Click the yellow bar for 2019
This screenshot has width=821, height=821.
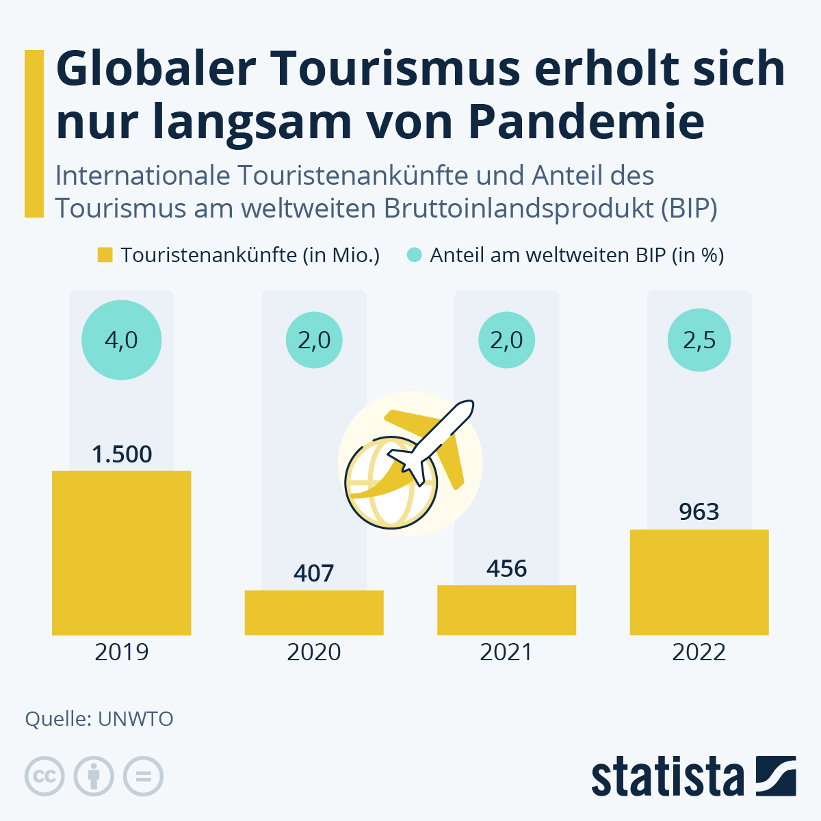(121, 553)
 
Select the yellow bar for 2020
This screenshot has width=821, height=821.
(314, 612)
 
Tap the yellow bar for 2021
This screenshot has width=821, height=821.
(506, 610)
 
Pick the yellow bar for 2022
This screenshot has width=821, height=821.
(699, 582)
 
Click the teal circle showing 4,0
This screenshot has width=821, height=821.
(121, 340)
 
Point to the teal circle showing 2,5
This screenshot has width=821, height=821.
(699, 340)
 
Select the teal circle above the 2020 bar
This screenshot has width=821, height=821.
(314, 340)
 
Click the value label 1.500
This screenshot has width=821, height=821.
(122, 454)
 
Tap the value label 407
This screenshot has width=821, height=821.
(314, 573)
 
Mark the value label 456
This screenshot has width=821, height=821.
(506, 569)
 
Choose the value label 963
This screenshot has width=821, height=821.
(699, 512)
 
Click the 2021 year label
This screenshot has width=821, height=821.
(506, 652)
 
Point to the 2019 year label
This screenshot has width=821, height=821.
(121, 652)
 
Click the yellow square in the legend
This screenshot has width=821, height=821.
(105, 255)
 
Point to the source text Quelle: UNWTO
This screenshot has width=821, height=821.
(99, 719)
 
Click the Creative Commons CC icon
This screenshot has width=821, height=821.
(44, 777)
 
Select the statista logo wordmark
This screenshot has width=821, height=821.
(667, 778)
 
